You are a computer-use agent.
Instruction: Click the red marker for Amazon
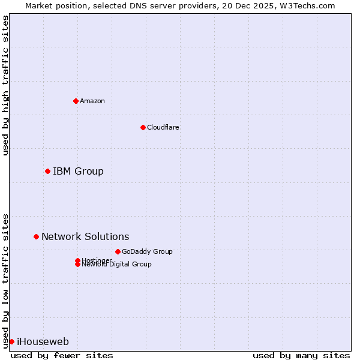[x=76, y=101]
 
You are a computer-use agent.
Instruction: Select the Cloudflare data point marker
[x=143, y=127]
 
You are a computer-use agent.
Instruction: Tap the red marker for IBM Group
[x=47, y=172]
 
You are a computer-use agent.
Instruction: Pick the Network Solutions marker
[x=36, y=236]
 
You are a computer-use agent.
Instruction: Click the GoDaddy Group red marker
[x=118, y=251]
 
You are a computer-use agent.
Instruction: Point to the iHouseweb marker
[x=11, y=341]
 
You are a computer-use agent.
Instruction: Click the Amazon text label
[x=92, y=101]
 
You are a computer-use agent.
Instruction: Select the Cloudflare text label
[x=163, y=127]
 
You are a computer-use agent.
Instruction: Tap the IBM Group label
[x=78, y=172]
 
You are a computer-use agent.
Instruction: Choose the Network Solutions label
[x=85, y=237]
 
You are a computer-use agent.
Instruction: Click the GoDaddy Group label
[x=147, y=251]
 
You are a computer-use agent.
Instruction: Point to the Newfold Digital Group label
[x=117, y=265]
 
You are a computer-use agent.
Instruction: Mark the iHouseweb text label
[x=43, y=342]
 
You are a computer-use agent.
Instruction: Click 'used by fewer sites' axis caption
[x=62, y=355]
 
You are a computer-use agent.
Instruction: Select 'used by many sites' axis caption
[x=301, y=355]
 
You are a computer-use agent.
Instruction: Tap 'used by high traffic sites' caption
[x=5, y=85]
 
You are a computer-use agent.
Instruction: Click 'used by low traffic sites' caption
[x=5, y=281]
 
